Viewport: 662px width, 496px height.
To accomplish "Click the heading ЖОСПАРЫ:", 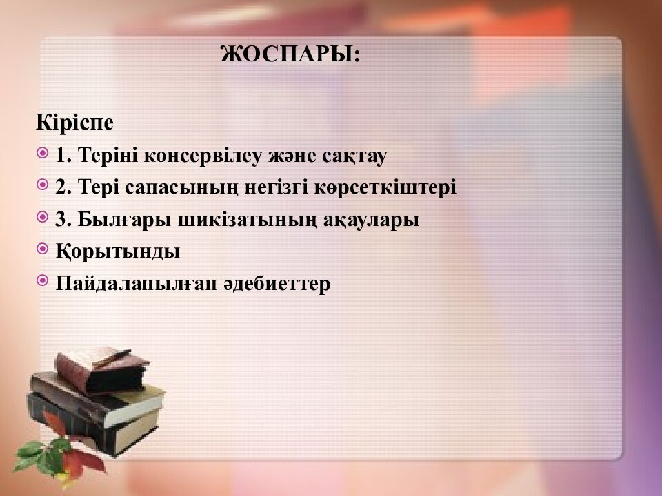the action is [290, 54].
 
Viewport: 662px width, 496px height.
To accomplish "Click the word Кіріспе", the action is [74, 123].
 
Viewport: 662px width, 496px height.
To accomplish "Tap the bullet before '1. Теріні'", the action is [43, 153].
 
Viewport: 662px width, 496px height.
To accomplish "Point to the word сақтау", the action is [354, 156].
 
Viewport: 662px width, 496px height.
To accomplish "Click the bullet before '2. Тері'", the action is [43, 185].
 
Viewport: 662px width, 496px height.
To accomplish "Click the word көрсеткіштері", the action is [385, 187].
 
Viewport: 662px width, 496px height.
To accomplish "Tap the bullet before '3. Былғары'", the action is [43, 217].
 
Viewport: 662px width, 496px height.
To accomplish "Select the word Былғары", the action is [124, 219].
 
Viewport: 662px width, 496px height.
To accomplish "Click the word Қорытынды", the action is [118, 251].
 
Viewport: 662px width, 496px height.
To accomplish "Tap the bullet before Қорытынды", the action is [43, 249].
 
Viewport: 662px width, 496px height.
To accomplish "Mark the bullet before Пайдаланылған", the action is [43, 280].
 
